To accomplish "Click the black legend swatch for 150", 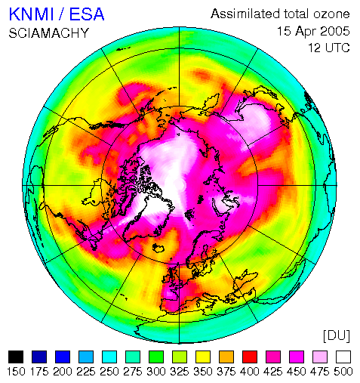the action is [x=16, y=357].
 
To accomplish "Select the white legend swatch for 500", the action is [x=343, y=357].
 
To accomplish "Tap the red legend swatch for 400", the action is [x=250, y=357].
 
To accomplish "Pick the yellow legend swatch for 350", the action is [x=203, y=357].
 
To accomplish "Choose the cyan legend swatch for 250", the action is [x=109, y=357].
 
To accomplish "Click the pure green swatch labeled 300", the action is [x=156, y=357].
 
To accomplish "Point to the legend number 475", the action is [x=320, y=372].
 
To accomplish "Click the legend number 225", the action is [x=86, y=372].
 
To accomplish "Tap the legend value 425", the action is [x=273, y=372].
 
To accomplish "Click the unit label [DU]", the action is [x=337, y=336].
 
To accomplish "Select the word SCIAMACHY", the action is [x=49, y=33].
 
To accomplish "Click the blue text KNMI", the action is [x=32, y=14].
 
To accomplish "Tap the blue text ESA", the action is [x=87, y=14].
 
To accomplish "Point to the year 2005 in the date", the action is [x=335, y=31].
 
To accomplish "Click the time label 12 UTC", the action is [x=329, y=48].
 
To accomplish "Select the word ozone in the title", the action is [x=331, y=14].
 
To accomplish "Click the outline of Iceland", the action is [x=158, y=248].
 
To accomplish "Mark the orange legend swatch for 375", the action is [x=226, y=357].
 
